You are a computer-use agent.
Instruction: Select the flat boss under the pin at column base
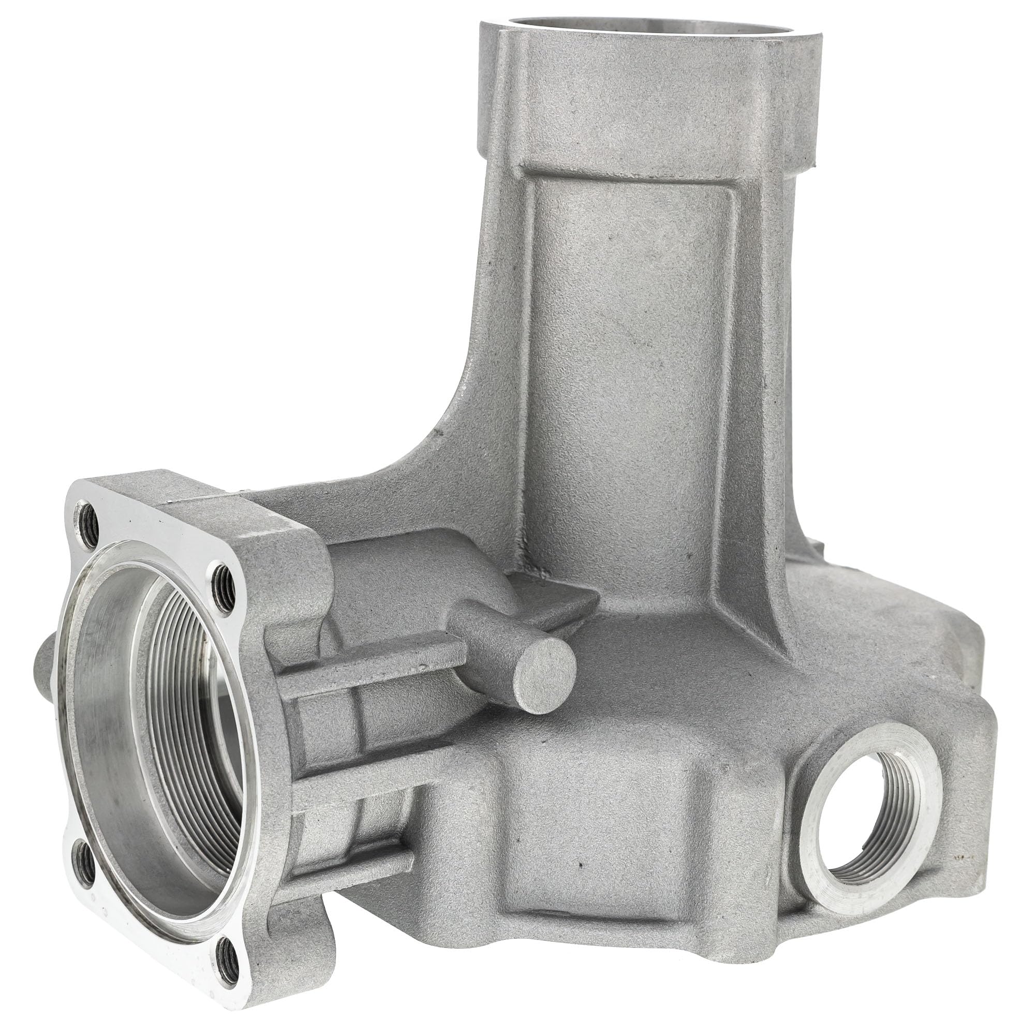click(x=546, y=600)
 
